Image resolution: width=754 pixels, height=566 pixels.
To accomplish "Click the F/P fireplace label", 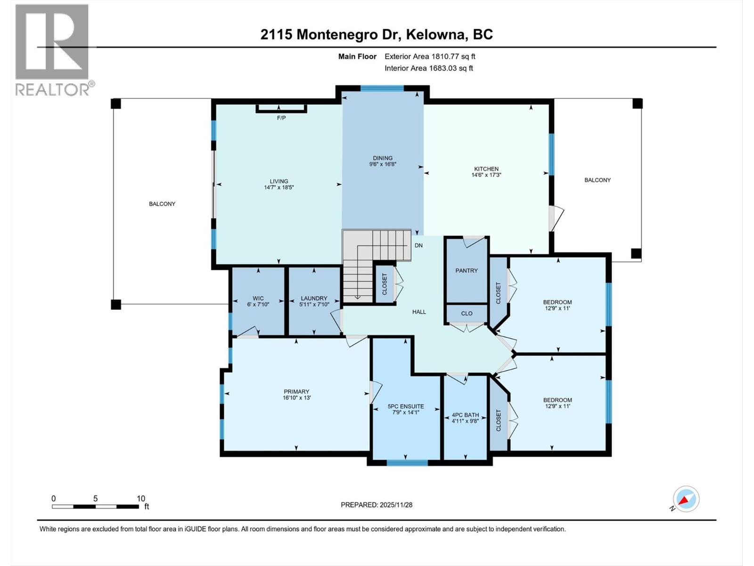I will pyautogui.click(x=281, y=118).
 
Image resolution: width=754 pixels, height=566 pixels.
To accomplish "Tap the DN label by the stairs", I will pyautogui.click(x=418, y=245).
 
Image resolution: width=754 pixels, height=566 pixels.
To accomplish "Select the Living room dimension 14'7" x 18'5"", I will pyautogui.click(x=279, y=187).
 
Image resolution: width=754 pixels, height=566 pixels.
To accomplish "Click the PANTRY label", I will pyautogui.click(x=467, y=271).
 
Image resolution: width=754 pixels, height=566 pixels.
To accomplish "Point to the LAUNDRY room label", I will pyautogui.click(x=314, y=298).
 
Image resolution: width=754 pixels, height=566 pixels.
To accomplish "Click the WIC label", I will pyautogui.click(x=258, y=298).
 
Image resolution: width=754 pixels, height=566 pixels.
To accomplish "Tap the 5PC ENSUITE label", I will pyautogui.click(x=406, y=406).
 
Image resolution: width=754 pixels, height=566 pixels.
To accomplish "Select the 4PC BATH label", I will pyautogui.click(x=465, y=415).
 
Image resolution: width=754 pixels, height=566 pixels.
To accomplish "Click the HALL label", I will pyautogui.click(x=419, y=312).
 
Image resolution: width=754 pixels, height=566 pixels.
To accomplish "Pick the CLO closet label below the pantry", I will pyautogui.click(x=467, y=313).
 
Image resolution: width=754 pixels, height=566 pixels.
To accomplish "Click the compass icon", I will pyautogui.click(x=686, y=499).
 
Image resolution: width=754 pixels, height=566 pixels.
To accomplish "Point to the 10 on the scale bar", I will pyautogui.click(x=141, y=499).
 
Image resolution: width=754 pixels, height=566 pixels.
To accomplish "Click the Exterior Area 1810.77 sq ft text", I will pyautogui.click(x=430, y=57).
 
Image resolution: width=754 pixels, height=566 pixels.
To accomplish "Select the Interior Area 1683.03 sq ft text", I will pyautogui.click(x=429, y=68).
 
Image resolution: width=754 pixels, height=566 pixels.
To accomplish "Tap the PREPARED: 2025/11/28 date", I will pyautogui.click(x=377, y=505).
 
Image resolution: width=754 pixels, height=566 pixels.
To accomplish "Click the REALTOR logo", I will pyautogui.click(x=53, y=50).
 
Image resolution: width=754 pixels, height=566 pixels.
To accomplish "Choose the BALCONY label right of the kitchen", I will pyautogui.click(x=598, y=180).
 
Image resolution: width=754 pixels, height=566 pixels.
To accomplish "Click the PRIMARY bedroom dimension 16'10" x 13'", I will pyautogui.click(x=296, y=398).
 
